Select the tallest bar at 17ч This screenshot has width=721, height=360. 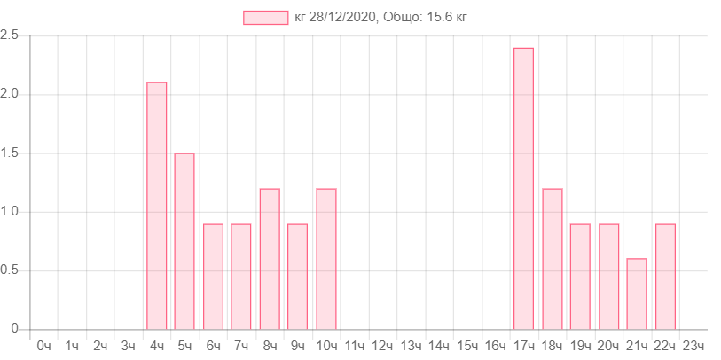[523, 187]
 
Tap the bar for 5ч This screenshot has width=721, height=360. [184, 240]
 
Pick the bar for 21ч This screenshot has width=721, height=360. [637, 293]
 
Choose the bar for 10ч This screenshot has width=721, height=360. [326, 258]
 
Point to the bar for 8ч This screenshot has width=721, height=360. [270, 258]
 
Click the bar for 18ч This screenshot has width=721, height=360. [552, 258]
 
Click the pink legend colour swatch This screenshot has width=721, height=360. [265, 18]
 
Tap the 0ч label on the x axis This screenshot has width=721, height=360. [43, 345]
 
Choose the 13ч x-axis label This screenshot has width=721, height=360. [411, 345]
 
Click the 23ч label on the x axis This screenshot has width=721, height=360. [693, 345]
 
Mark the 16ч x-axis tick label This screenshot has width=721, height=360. [495, 345]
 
